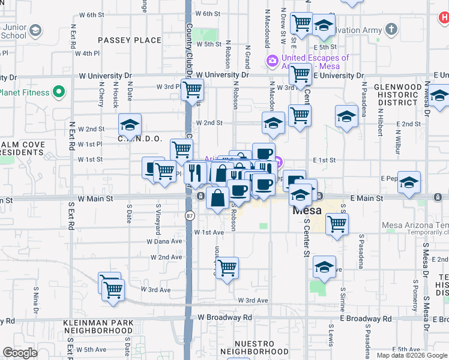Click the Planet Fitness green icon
point(58,92)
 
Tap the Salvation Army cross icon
point(391,29)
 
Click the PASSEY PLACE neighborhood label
point(130,40)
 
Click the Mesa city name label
point(307,211)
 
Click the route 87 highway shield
point(190,215)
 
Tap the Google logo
point(20,353)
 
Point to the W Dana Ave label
point(164,242)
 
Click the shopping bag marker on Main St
point(217,196)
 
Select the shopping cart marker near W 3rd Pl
point(191,89)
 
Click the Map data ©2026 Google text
point(411,355)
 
